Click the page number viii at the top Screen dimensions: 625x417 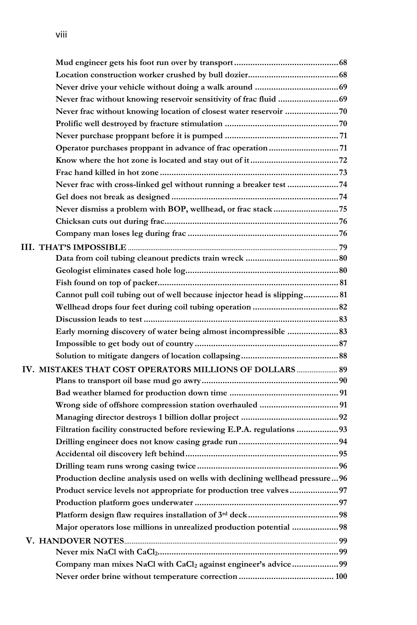(x=61, y=35)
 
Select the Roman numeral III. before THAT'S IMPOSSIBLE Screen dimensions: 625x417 (x=28, y=247)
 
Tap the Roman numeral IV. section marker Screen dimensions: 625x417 (x=28, y=370)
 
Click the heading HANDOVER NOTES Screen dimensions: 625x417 (x=81, y=541)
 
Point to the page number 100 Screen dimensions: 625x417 (x=341, y=577)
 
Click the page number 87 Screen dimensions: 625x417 (x=343, y=344)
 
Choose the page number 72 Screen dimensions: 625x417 (x=343, y=160)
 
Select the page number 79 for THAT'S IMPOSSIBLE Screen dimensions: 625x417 (x=343, y=248)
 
